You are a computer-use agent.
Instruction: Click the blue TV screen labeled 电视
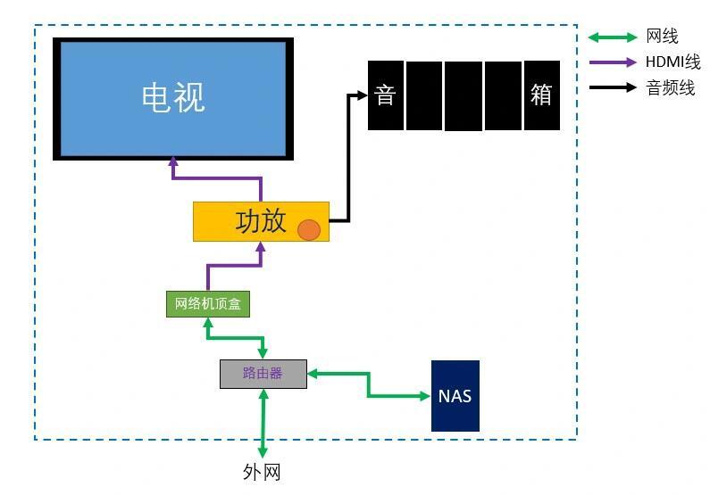coord(173,98)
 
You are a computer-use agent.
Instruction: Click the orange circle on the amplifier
coord(308,229)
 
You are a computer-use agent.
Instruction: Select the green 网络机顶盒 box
coord(207,304)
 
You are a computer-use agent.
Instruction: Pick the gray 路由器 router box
coord(263,374)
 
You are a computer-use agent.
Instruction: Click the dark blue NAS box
coord(455,396)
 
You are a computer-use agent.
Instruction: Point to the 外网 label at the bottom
coord(262,472)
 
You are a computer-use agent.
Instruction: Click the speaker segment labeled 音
coord(385,95)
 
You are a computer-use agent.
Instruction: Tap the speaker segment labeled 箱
coord(541,95)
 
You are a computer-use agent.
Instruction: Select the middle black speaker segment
coord(464,95)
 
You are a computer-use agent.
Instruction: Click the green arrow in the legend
coord(612,37)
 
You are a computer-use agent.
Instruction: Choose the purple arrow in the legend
coord(612,63)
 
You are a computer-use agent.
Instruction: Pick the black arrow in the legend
coord(612,88)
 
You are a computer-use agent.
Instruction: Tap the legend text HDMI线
coord(672,63)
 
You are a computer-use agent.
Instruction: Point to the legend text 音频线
coord(670,88)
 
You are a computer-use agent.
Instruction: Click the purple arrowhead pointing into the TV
coord(173,163)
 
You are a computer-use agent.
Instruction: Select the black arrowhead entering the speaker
coord(362,95)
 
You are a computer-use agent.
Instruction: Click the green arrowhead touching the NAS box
coord(424,396)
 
